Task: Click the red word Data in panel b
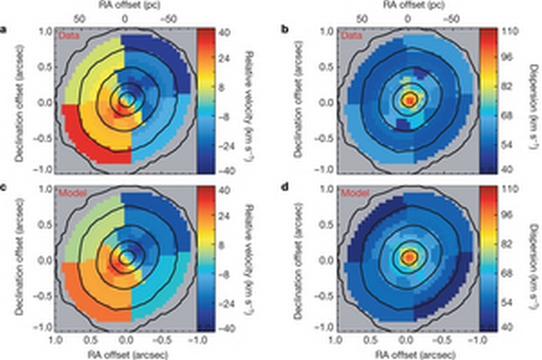(x=348, y=38)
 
